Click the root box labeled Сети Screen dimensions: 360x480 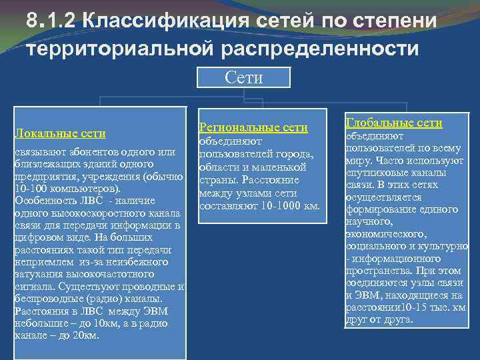244,77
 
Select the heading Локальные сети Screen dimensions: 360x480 60,133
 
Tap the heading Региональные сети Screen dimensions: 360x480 254,127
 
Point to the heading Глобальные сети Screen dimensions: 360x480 393,123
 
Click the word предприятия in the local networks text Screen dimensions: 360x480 43,177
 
